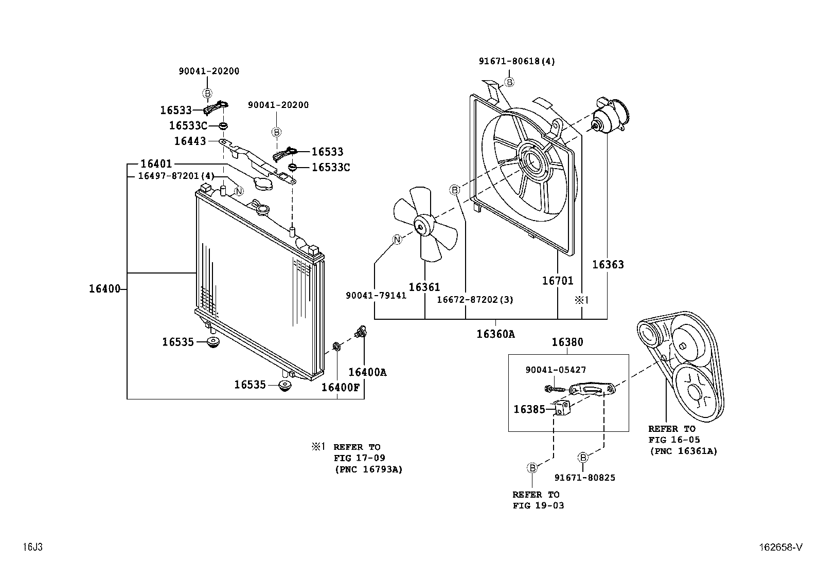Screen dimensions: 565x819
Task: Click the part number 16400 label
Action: [x=104, y=289]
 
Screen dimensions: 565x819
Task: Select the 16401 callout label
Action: [x=156, y=164]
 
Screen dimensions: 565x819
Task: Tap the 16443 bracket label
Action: [x=189, y=141]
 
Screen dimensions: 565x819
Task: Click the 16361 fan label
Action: [x=424, y=287]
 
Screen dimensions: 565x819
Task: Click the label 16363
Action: [x=608, y=265]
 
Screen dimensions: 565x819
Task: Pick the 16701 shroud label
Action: [x=557, y=281]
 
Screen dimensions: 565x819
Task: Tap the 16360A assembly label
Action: [x=495, y=334]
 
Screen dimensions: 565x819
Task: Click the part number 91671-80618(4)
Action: [x=517, y=61]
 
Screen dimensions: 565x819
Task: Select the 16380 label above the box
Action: [x=567, y=342]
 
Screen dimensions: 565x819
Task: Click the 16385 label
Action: [x=529, y=410]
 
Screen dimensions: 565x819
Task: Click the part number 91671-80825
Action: [x=584, y=478]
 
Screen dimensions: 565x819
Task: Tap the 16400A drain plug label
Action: [x=367, y=372]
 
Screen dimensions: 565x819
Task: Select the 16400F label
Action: [x=340, y=387]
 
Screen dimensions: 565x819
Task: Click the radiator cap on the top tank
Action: [x=262, y=210]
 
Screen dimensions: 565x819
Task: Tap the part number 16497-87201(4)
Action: [x=176, y=176]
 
